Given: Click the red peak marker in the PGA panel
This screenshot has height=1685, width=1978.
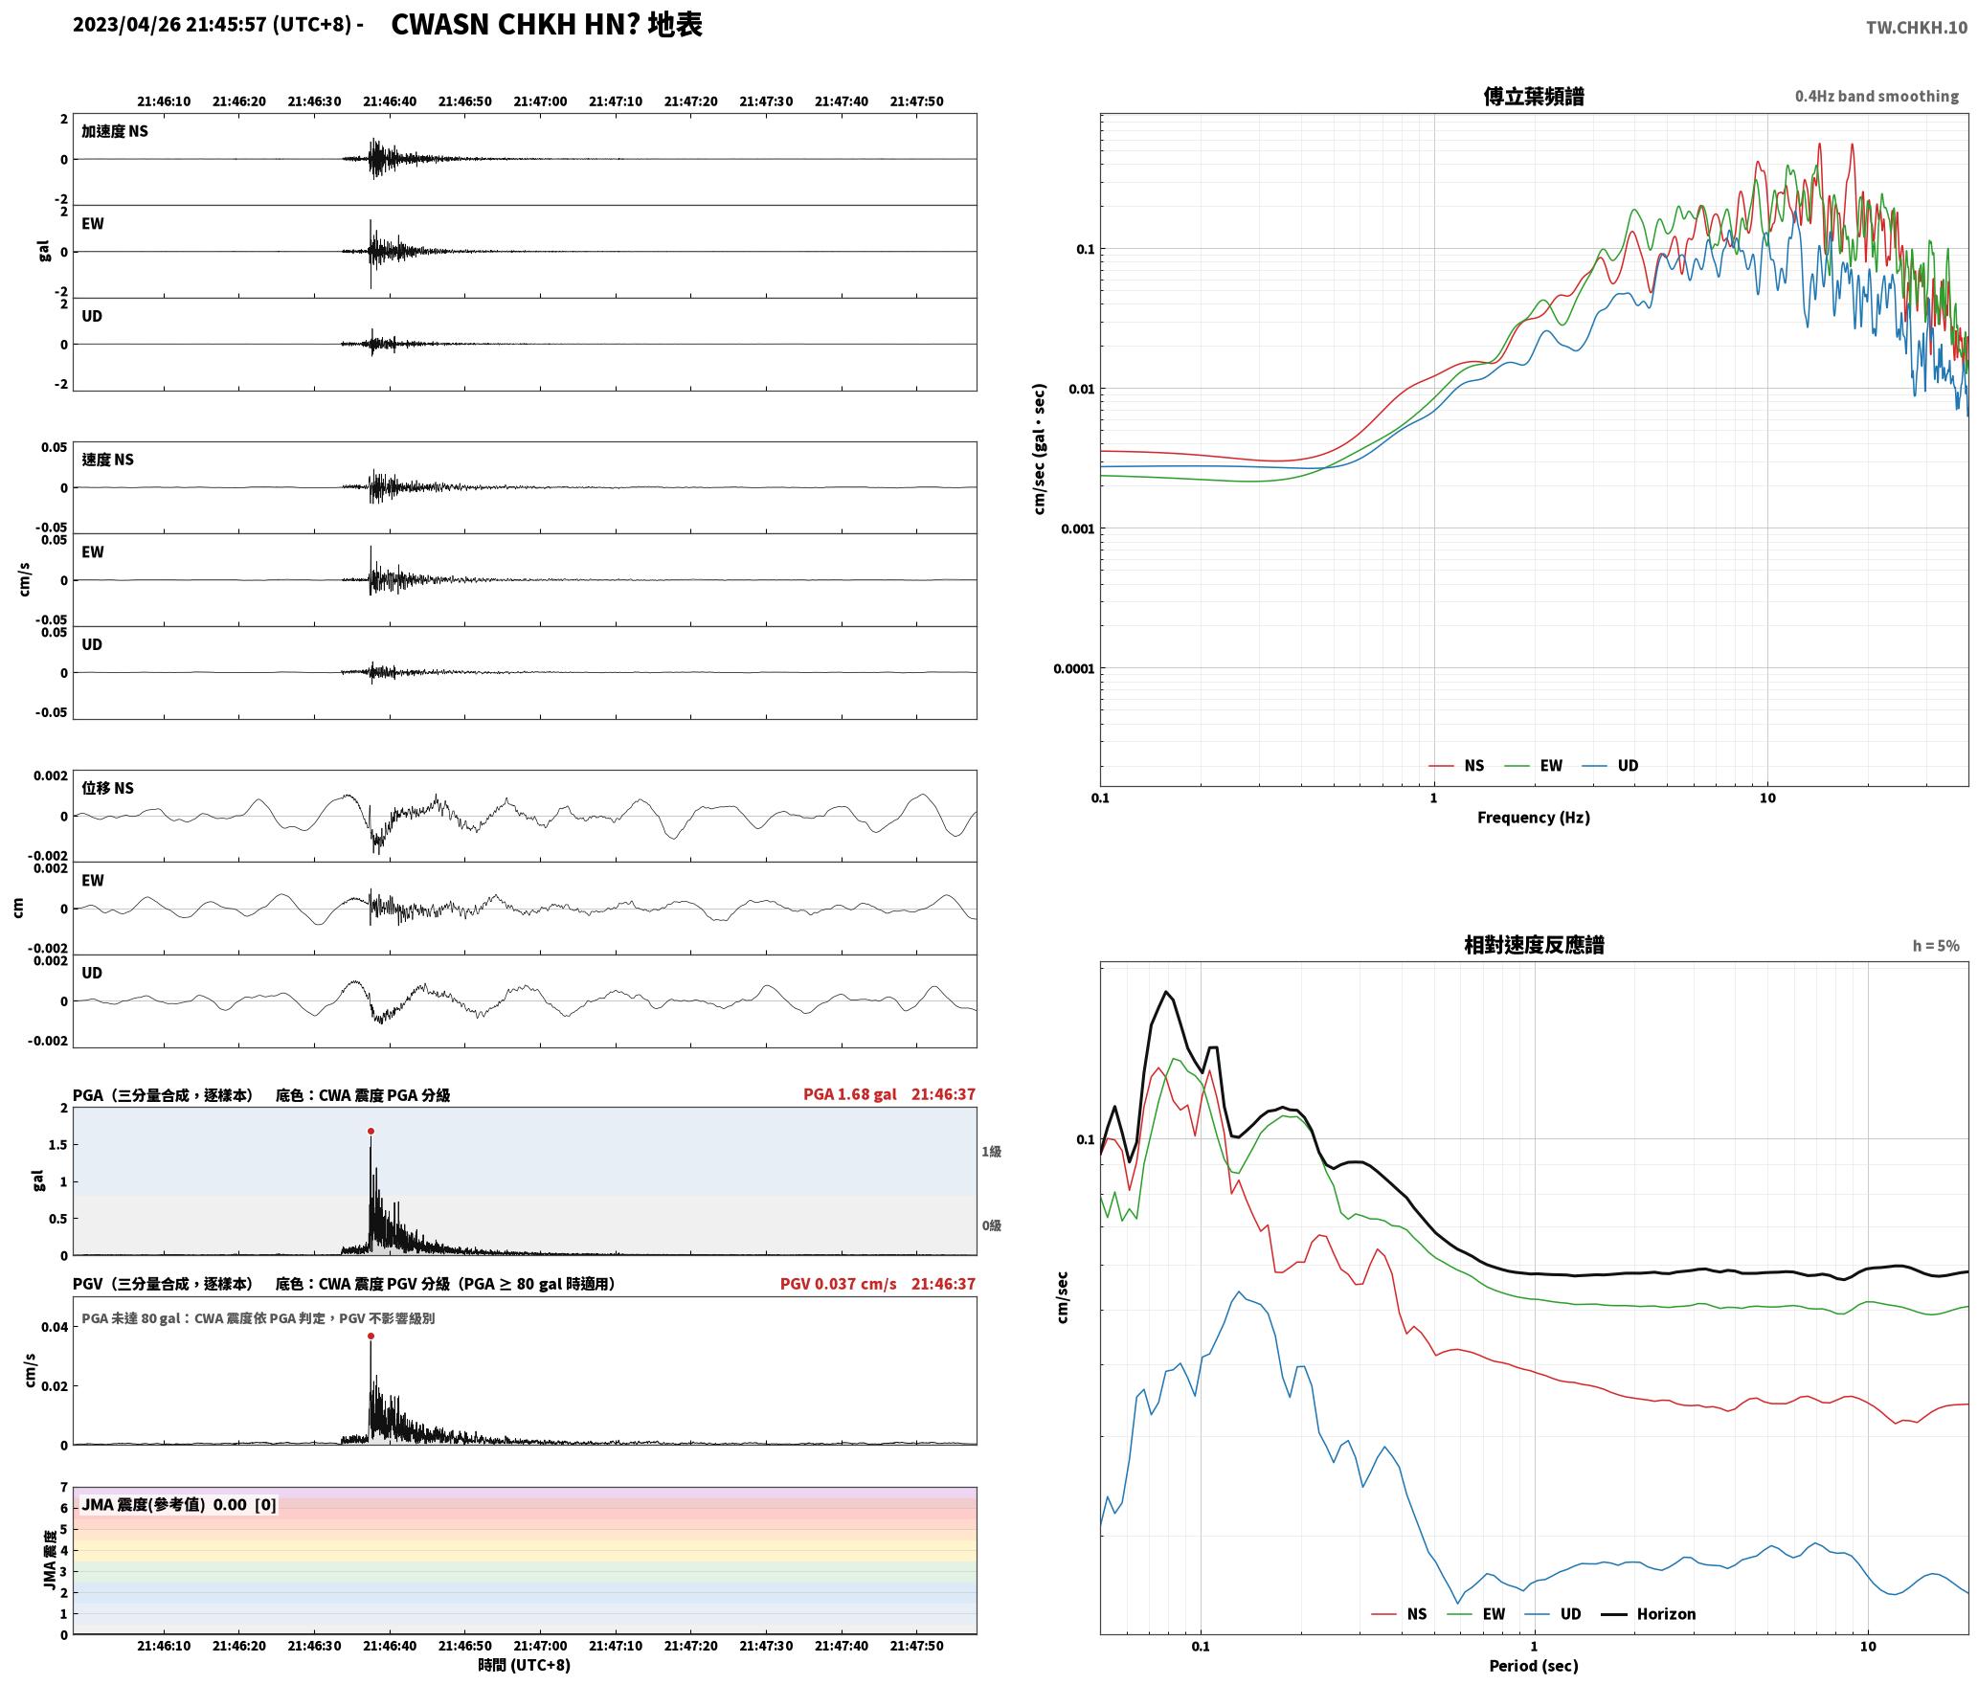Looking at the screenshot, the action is [371, 1131].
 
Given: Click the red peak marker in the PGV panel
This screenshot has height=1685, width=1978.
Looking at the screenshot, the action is [371, 1336].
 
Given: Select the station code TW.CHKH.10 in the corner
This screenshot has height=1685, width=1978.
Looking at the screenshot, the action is [1917, 27].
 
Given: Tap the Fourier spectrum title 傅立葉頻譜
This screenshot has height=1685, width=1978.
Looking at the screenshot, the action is [1533, 96].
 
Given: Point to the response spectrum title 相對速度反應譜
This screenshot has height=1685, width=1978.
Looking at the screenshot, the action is [1534, 944].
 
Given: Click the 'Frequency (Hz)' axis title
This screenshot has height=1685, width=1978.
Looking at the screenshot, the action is [1533, 817].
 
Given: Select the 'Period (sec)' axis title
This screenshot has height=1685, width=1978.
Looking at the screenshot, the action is [1533, 1665].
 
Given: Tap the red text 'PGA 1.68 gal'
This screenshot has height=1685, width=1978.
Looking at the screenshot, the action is [849, 1093].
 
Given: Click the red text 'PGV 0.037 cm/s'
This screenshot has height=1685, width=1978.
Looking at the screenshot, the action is [838, 1283].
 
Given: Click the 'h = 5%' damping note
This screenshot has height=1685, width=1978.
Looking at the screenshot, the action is [1936, 946].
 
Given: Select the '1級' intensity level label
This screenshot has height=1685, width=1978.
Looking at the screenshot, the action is [991, 1151].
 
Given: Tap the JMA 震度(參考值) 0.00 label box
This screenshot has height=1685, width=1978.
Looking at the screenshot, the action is [179, 1504].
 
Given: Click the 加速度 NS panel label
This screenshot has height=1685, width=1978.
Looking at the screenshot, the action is [115, 131].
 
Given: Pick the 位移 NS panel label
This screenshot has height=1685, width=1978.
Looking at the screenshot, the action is [107, 788].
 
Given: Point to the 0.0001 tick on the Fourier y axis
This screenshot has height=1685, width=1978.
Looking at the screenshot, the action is [1073, 668].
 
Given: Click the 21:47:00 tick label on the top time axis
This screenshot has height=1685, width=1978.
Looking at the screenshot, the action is [540, 101].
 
